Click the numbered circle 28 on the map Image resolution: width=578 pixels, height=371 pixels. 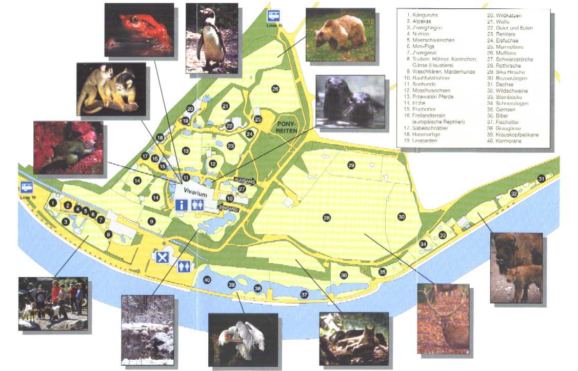[327, 218]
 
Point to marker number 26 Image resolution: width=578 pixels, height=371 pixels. [275, 89]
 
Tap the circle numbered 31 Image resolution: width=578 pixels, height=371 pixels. [541, 179]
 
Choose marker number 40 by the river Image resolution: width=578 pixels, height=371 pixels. [207, 280]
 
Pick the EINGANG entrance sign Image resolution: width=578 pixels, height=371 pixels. [229, 208]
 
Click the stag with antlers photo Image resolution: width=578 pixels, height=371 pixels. [443, 318]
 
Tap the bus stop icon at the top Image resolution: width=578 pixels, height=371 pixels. [273, 15]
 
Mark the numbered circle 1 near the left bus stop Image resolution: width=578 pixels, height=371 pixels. [52, 203]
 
